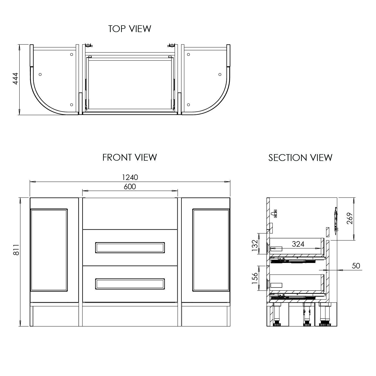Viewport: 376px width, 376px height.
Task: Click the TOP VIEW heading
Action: [130, 29]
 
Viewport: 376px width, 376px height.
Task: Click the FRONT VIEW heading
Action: [130, 157]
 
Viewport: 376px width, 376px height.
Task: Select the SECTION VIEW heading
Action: [300, 158]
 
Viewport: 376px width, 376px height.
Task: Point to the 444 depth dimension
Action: [16, 78]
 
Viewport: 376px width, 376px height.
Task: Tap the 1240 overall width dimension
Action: [130, 177]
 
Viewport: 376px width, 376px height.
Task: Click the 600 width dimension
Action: [130, 186]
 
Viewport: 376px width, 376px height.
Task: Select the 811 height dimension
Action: [16, 250]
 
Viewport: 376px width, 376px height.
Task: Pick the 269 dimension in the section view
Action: [350, 218]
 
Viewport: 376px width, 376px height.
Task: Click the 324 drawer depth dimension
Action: [298, 244]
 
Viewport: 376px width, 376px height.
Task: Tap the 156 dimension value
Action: [255, 278]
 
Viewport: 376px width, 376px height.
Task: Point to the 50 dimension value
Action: [356, 266]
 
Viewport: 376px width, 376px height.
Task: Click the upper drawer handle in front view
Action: [130, 248]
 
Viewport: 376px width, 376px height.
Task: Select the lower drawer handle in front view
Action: [130, 284]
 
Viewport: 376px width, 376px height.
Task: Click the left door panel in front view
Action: [49, 250]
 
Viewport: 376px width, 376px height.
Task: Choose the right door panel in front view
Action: [211, 250]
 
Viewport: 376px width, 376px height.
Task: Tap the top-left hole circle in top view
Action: [71, 54]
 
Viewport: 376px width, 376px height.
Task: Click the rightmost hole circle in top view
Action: [220, 74]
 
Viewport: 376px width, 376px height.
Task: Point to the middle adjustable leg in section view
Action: [306, 315]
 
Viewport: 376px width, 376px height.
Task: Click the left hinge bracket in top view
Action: [88, 46]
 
